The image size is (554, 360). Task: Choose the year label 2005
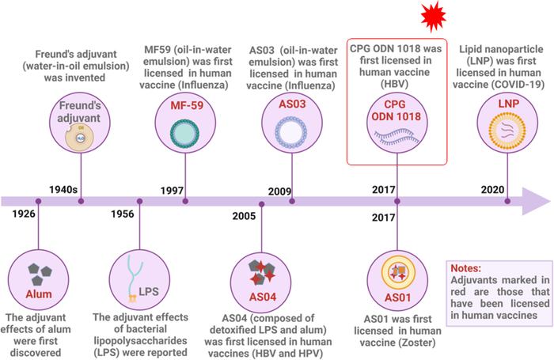point(247,215)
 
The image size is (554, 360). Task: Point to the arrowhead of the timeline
point(539,202)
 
